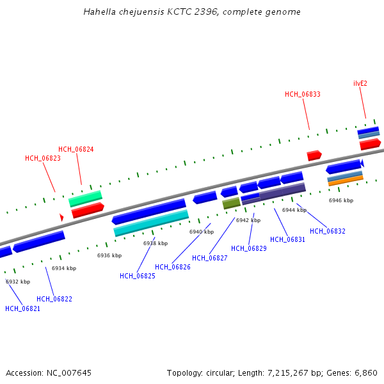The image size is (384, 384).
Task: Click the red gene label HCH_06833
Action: pos(303,94)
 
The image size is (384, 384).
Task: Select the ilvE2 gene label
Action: pos(360,83)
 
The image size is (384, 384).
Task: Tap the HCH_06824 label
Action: pos(76,149)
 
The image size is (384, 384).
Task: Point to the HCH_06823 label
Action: pos(43,158)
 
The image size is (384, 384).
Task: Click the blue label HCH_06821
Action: pos(23,308)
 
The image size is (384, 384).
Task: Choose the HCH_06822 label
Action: pos(54,299)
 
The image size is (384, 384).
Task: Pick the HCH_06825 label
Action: pos(138,276)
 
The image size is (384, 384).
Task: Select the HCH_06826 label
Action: pos(173,267)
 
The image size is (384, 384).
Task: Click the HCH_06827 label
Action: pos(210,258)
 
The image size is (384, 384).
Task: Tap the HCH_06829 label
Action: pos(249,248)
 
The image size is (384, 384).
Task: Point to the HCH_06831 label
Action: pos(288,239)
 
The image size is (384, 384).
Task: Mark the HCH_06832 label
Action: pos(328,231)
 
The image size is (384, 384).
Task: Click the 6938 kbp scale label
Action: pos(156,243)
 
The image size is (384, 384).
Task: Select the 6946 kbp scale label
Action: pos(341,200)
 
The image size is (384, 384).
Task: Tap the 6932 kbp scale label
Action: pos(18,282)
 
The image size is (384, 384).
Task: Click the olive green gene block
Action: pos(232,204)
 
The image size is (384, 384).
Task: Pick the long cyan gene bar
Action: pos(151,223)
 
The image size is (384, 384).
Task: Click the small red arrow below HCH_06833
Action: pos(314,156)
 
